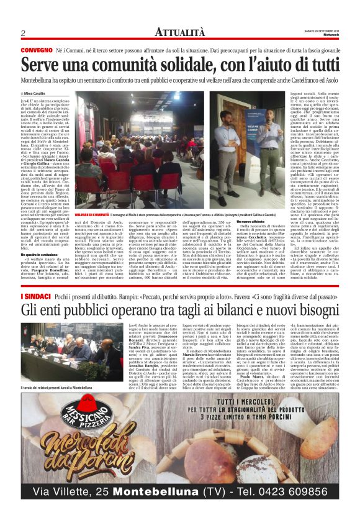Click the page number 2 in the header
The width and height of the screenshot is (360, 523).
point(22,33)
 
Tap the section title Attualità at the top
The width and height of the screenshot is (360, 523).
point(179,32)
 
